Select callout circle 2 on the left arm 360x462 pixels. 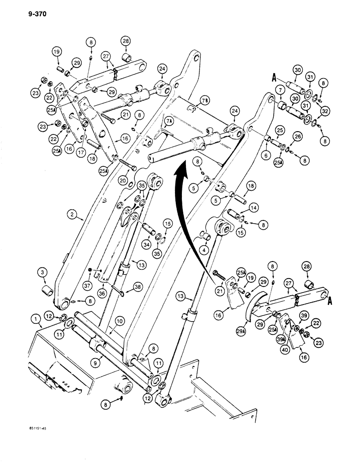(x=72, y=214)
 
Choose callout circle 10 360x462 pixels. (x=119, y=320)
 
